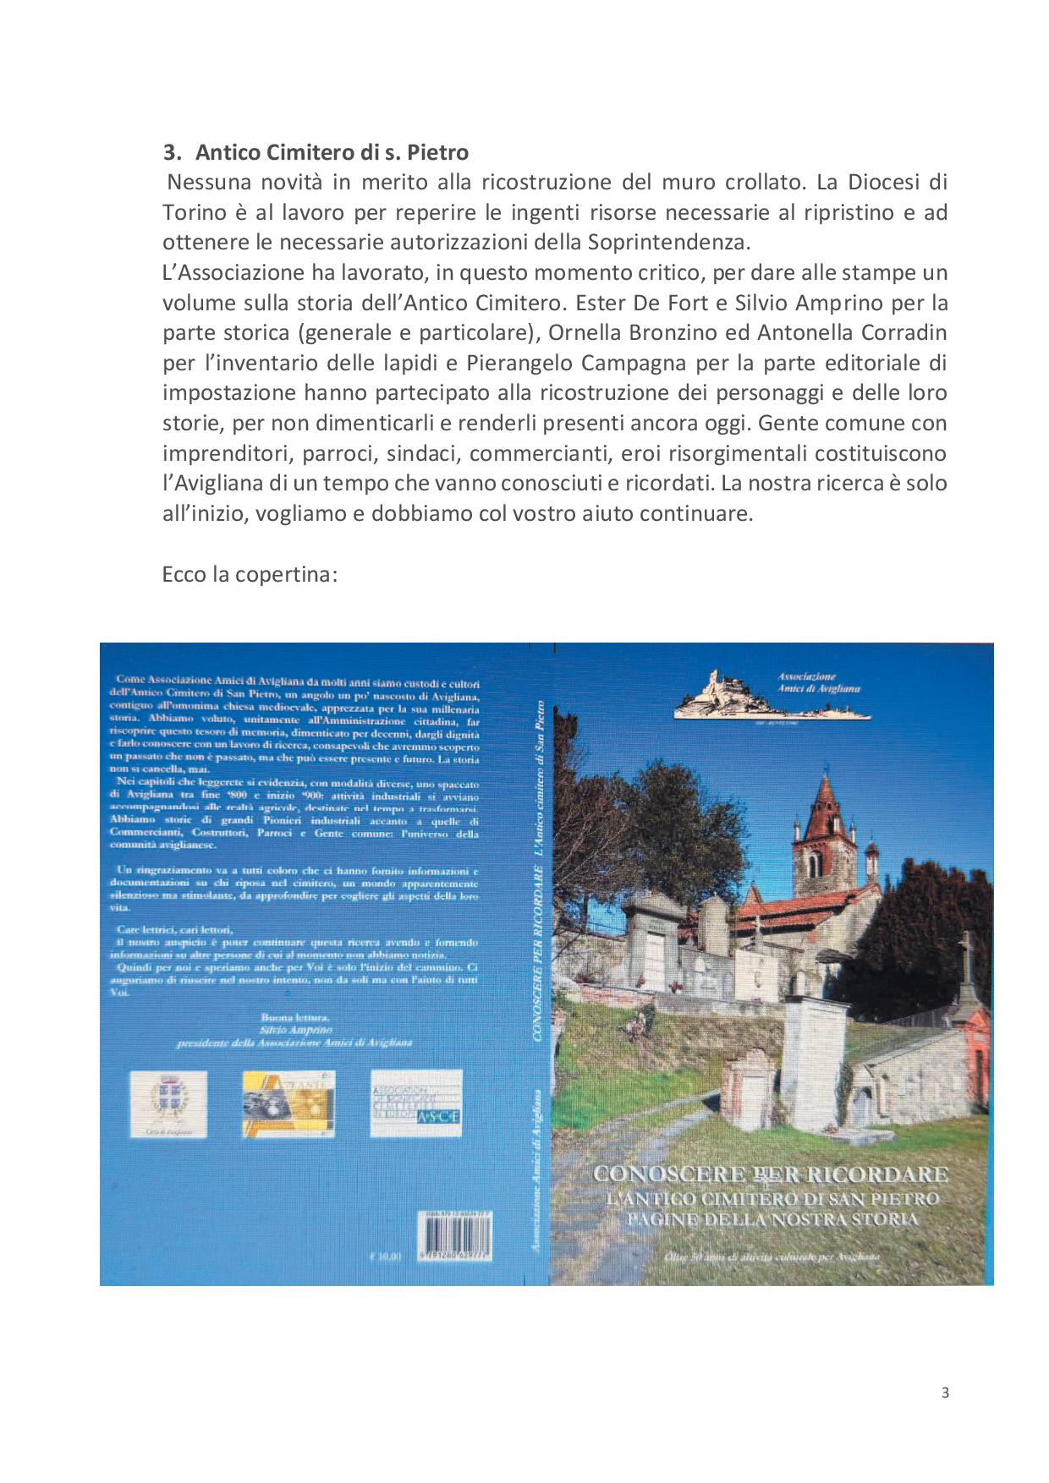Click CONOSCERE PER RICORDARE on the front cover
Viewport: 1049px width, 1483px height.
[771, 1174]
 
